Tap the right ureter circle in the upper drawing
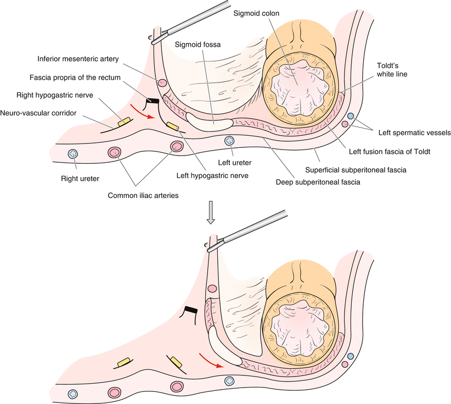point(72,153)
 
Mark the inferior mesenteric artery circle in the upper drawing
point(163,84)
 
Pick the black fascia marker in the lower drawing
point(191,311)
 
